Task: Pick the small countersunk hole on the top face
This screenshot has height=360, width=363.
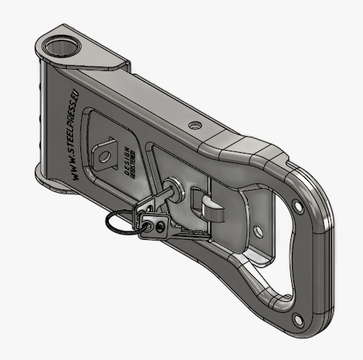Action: [x=193, y=125]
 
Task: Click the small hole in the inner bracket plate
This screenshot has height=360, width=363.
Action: [x=256, y=232]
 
